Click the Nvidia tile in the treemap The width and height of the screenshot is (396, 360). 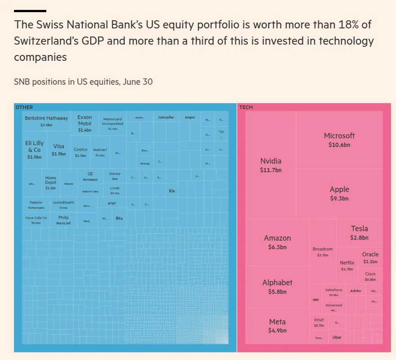click(270, 165)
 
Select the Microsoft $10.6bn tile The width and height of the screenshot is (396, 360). click(339, 140)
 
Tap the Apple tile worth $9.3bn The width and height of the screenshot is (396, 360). click(339, 194)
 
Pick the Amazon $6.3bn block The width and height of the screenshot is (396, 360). click(277, 242)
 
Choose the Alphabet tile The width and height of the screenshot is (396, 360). click(277, 287)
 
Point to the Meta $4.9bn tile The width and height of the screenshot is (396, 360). click(277, 326)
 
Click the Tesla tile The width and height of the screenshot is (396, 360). click(359, 232)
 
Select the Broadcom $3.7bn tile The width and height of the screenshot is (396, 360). click(323, 251)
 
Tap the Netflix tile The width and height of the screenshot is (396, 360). click(347, 265)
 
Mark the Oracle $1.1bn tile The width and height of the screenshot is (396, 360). click(370, 257)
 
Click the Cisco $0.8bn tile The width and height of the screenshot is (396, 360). click(370, 276)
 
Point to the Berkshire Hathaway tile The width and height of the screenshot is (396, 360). click(46, 121)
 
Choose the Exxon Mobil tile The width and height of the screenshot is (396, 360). click(85, 123)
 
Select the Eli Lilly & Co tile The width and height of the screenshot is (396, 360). click(34, 150)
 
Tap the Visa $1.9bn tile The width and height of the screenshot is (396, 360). click(58, 150)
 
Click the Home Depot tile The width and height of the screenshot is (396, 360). click(50, 182)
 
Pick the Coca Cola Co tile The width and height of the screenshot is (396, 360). click(36, 220)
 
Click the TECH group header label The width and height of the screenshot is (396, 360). click(246, 107)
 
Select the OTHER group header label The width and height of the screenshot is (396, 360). click(24, 107)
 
